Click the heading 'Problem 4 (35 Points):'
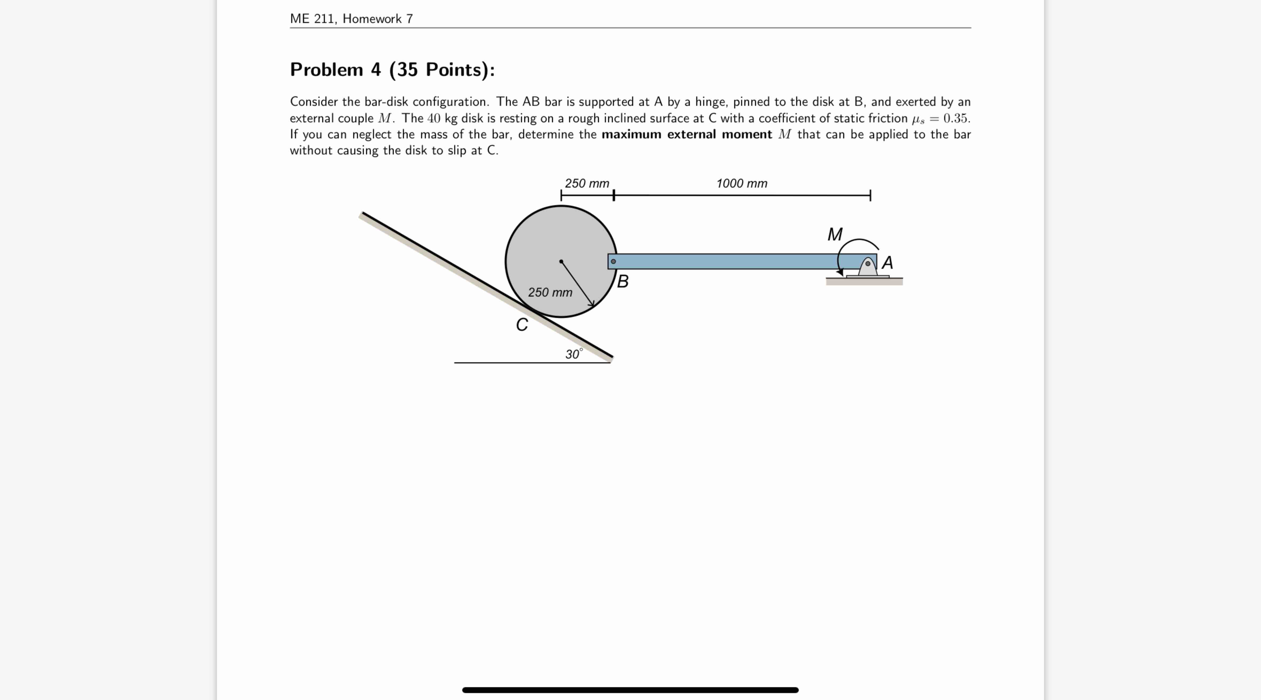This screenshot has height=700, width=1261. [392, 69]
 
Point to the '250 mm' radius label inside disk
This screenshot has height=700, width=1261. [550, 292]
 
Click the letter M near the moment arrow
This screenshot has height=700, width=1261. [835, 235]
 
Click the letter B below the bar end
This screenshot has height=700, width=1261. [623, 281]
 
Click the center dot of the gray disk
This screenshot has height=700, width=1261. [561, 261]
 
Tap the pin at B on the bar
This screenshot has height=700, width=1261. [613, 261]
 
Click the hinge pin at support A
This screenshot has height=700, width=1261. [867, 263]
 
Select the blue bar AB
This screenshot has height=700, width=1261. [734, 261]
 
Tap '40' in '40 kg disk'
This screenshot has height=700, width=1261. [434, 118]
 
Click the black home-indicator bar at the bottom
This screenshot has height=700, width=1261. [630, 690]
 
